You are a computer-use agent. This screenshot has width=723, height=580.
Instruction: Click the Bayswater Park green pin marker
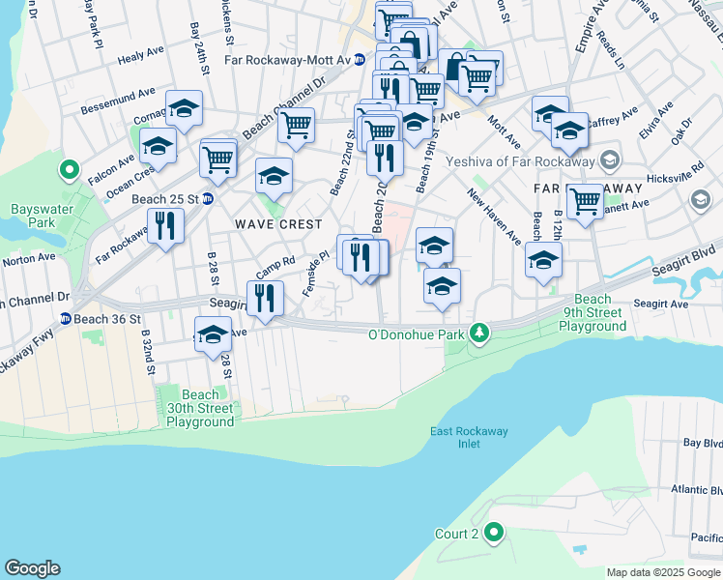[x=69, y=171]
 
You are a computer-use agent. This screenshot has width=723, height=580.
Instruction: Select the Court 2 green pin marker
[x=494, y=533]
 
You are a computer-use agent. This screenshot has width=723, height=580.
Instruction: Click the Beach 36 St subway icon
[x=65, y=318]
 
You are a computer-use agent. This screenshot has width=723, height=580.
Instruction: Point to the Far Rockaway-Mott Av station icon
[x=359, y=59]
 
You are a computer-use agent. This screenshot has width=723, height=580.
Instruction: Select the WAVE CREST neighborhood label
[x=278, y=224]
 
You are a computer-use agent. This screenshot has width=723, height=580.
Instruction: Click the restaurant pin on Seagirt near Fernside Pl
[x=264, y=297]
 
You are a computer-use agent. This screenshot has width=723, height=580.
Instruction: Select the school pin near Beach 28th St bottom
[x=213, y=336]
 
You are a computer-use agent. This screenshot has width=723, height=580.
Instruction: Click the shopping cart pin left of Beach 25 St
[x=218, y=158]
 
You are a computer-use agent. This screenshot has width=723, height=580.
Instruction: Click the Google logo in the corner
[x=32, y=568]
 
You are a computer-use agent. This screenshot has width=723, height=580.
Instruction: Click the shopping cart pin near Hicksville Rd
[x=585, y=201]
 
